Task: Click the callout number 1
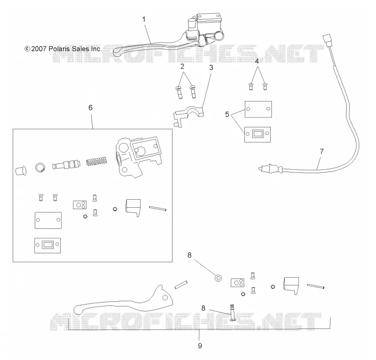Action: [144, 19]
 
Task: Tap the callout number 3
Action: [211, 68]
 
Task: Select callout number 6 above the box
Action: [90, 108]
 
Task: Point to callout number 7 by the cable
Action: [322, 151]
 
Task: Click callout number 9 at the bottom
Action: [200, 345]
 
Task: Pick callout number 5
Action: [227, 114]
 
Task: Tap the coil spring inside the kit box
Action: [96, 162]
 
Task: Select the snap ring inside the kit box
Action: [40, 167]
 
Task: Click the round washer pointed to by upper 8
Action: [218, 278]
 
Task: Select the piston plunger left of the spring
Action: [66, 164]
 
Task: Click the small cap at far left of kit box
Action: [21, 171]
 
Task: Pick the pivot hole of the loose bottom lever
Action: [165, 297]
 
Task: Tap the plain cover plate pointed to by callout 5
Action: [258, 110]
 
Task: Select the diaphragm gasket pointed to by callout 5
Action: [258, 134]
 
